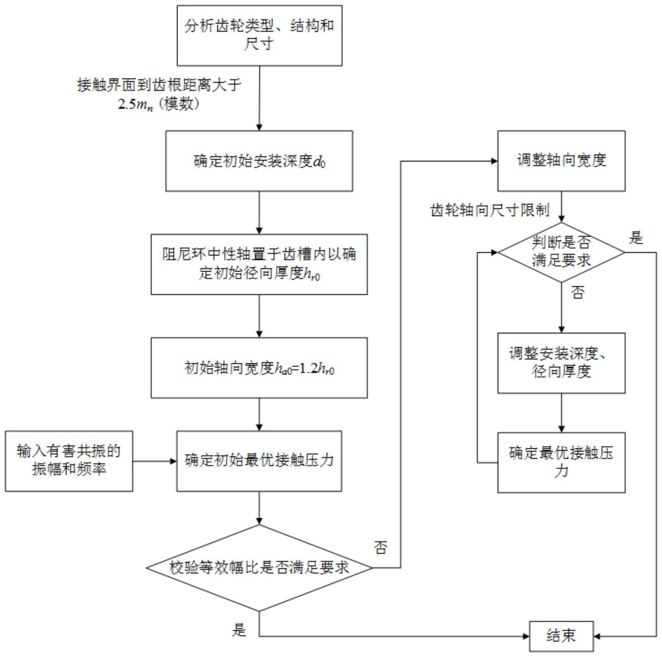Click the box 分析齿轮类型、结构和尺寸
click(259, 35)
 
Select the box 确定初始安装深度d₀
click(259, 161)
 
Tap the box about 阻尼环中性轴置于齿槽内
click(259, 264)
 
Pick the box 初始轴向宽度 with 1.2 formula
click(259, 368)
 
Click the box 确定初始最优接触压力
click(259, 461)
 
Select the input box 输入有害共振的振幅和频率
click(69, 461)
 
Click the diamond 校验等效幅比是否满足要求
click(259, 568)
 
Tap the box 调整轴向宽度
click(561, 161)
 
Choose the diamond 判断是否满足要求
click(561, 252)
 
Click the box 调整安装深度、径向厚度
click(561, 363)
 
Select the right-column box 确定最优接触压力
click(561, 462)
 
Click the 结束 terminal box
click(561, 636)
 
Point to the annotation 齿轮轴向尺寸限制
click(490, 211)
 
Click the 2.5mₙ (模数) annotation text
click(159, 104)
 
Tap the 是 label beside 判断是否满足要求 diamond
click(635, 237)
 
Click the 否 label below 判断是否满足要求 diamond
click(578, 292)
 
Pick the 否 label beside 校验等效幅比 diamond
click(380, 547)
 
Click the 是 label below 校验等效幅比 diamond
click(239, 629)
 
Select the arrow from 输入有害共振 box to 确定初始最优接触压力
click(154, 461)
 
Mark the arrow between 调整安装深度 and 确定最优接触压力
click(561, 412)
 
